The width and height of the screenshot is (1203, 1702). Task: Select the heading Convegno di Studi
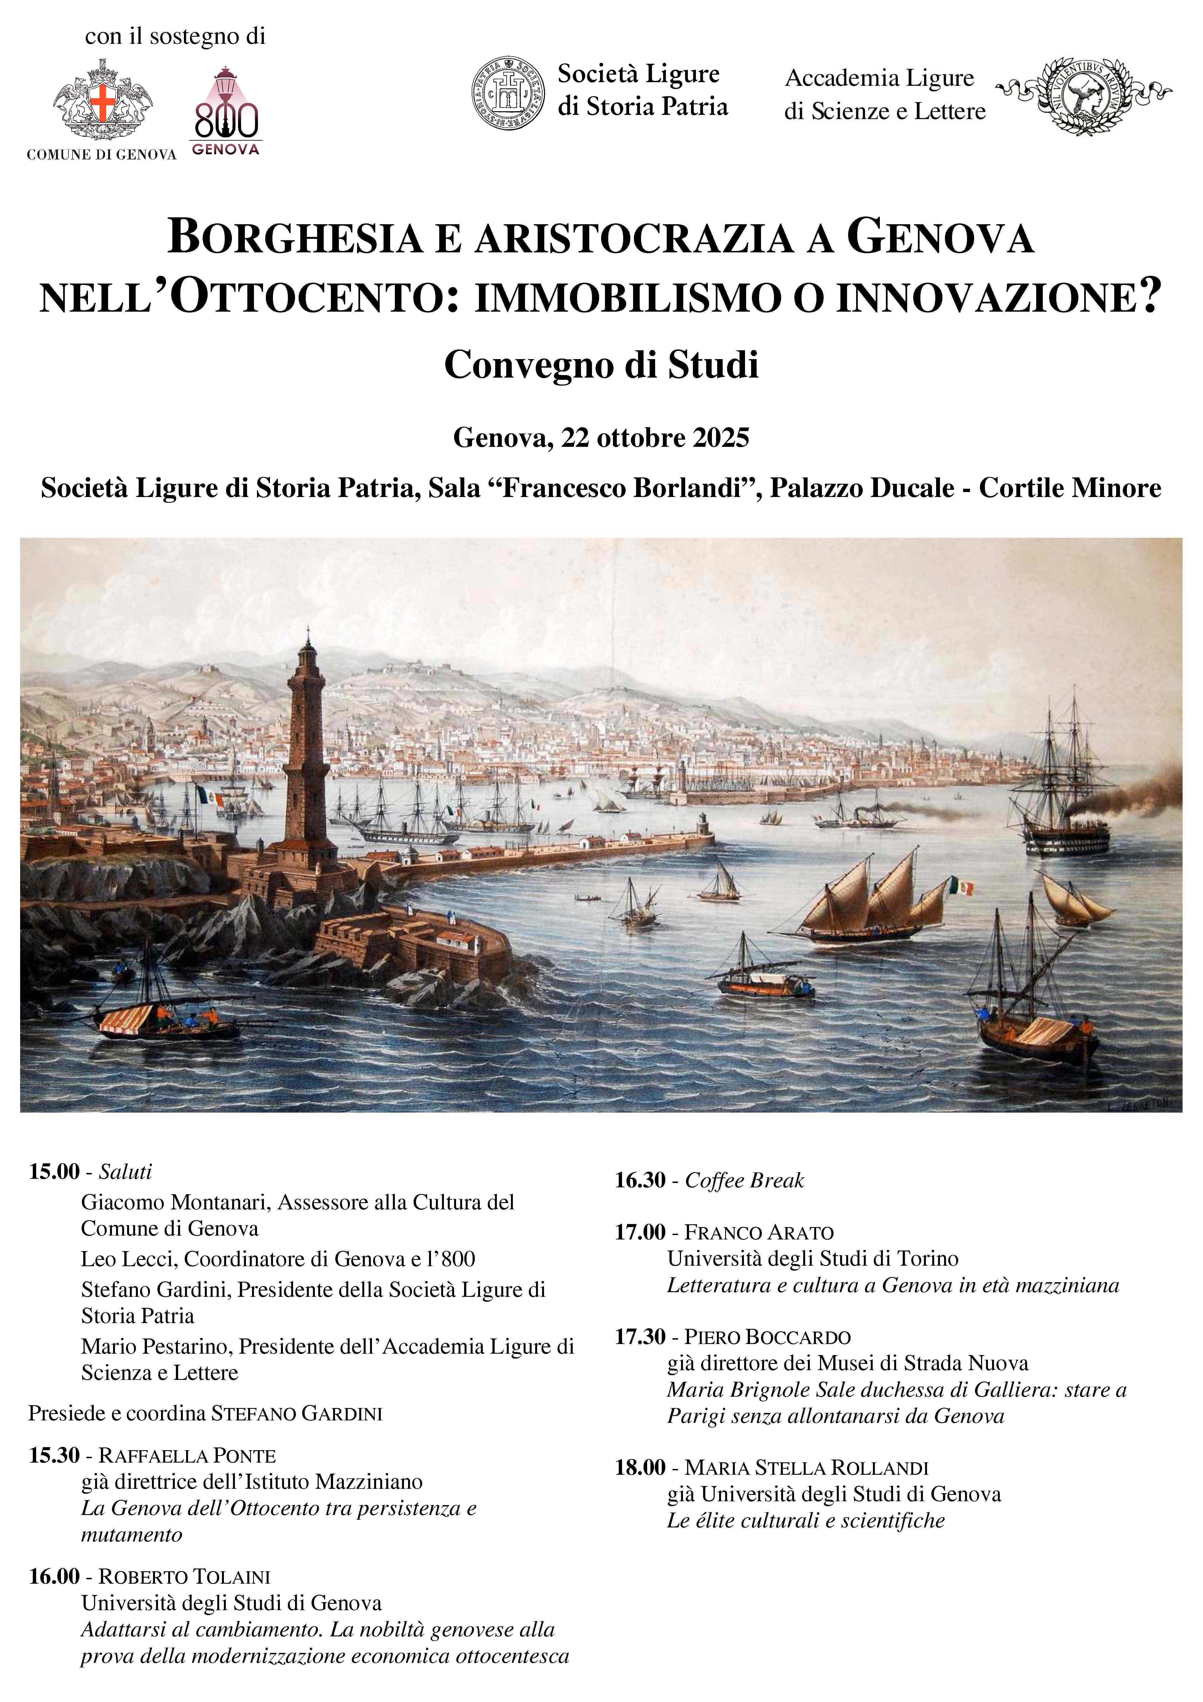(601, 365)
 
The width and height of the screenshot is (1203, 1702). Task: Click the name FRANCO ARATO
(759, 1232)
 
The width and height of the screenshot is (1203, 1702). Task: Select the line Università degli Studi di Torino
(812, 1258)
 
